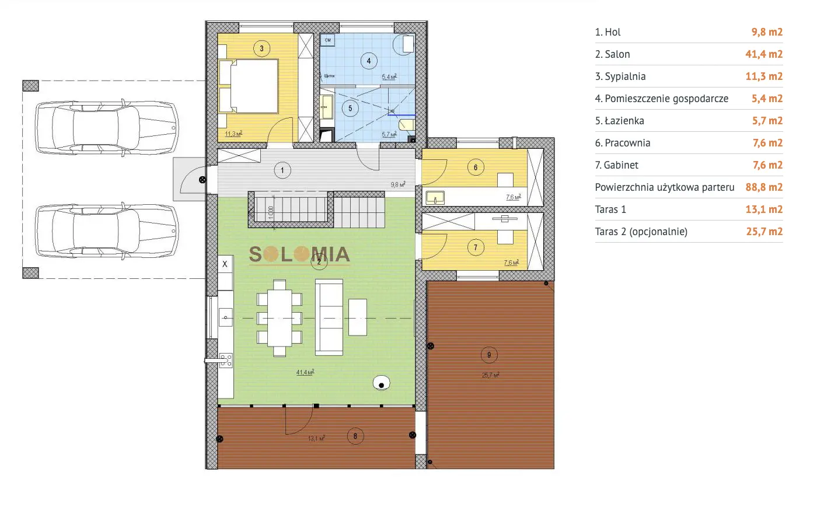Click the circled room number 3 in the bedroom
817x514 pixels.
(261, 49)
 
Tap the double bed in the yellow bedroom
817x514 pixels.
(248, 86)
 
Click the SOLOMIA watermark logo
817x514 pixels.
(299, 254)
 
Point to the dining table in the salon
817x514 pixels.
(280, 318)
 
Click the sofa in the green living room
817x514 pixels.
(329, 317)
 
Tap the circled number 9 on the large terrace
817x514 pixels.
(489, 354)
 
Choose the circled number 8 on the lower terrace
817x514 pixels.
(355, 436)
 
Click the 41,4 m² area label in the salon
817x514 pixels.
(305, 372)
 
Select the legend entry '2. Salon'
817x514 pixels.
(613, 54)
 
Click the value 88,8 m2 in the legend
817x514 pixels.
(764, 187)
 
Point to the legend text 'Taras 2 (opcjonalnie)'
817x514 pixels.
(641, 232)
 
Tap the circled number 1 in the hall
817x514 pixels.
(282, 170)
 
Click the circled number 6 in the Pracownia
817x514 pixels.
(476, 167)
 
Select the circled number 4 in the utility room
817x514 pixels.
(368, 61)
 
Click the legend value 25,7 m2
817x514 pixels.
(764, 232)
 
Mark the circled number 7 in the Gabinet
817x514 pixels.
(476, 248)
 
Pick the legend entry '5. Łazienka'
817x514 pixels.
(619, 121)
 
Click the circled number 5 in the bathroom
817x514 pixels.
(350, 108)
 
